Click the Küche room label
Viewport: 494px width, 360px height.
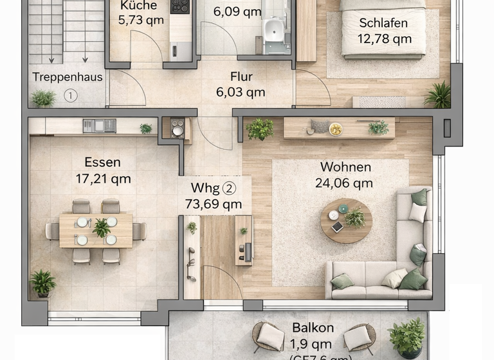click(138, 6)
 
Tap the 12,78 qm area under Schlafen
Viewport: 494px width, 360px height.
click(385, 39)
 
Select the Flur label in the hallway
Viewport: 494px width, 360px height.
click(241, 77)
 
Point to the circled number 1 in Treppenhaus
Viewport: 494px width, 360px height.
click(71, 96)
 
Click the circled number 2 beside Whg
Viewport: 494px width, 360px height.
click(229, 188)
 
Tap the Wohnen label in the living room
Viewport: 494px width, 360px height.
click(345, 167)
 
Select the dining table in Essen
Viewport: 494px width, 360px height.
click(96, 230)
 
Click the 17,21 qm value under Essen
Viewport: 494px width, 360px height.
click(103, 179)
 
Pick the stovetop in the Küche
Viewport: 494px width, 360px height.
click(180, 6)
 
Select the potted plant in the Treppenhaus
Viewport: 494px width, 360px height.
click(43, 98)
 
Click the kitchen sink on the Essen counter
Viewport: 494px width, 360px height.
click(99, 125)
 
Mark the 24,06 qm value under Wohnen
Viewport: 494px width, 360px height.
click(344, 183)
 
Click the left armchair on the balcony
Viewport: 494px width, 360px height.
click(268, 336)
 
